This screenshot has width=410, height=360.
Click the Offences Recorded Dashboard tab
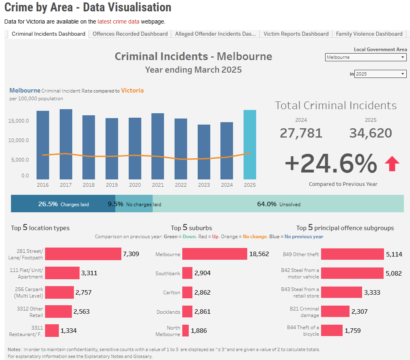click(130, 34)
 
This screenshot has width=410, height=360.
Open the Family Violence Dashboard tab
click(369, 34)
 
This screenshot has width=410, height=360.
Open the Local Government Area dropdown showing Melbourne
click(366, 57)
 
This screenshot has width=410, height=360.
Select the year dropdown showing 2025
click(380, 74)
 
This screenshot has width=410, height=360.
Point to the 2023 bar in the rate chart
click(204, 152)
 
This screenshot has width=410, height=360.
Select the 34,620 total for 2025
click(371, 133)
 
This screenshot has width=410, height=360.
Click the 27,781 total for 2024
click(301, 133)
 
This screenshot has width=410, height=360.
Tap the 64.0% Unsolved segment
click(278, 204)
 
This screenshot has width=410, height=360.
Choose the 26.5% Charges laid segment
click(63, 204)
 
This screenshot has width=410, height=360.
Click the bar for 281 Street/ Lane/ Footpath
click(83, 254)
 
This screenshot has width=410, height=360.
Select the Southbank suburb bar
click(187, 273)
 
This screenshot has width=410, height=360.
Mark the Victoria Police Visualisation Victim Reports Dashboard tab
click(296, 34)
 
